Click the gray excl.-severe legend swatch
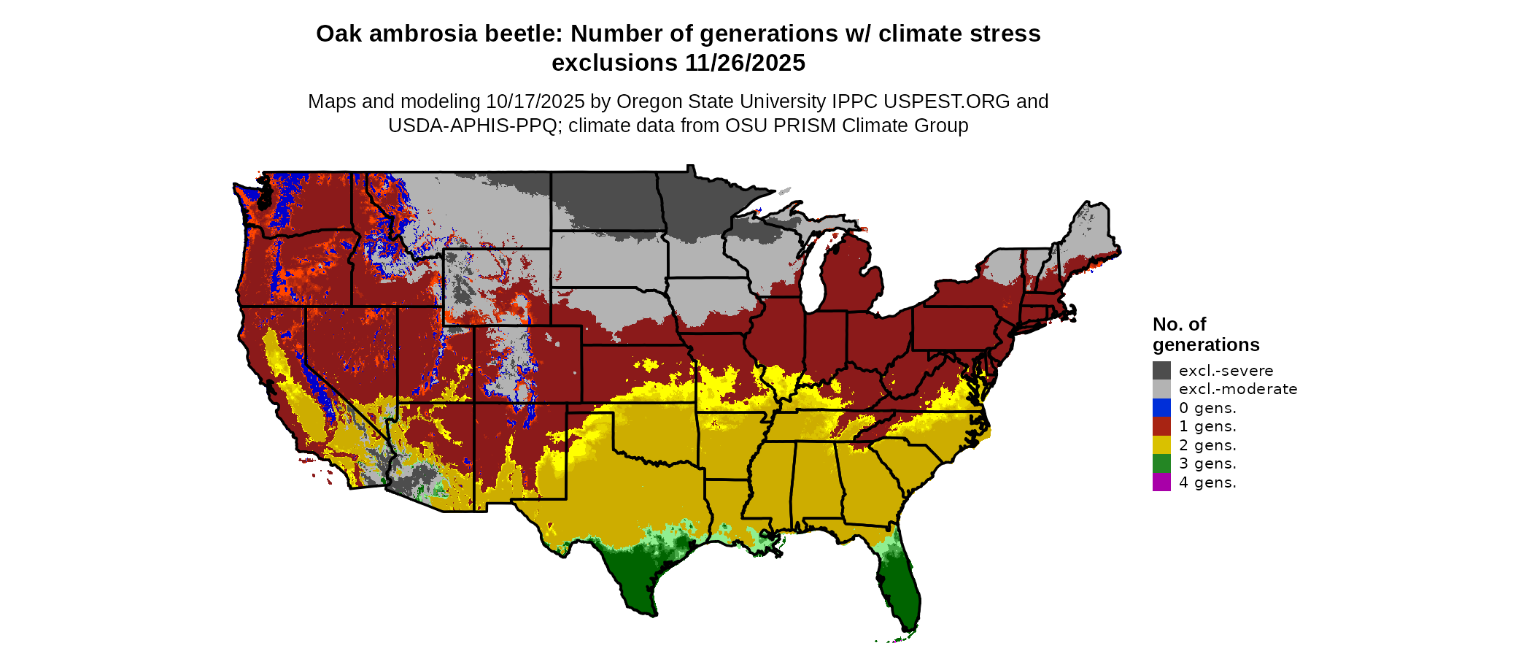coord(1161,370)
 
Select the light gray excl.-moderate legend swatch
coord(1161,389)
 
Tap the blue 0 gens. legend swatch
coord(1161,408)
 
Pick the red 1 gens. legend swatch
coord(1161,426)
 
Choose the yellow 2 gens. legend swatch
coord(1161,445)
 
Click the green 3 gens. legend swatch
coord(1161,463)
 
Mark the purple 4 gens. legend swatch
coord(1161,482)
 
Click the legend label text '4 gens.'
coord(1207,482)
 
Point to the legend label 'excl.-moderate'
coord(1238,389)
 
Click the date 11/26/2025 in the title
coord(745,63)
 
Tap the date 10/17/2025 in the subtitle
coord(535,101)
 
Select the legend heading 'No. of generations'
coord(1205,334)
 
